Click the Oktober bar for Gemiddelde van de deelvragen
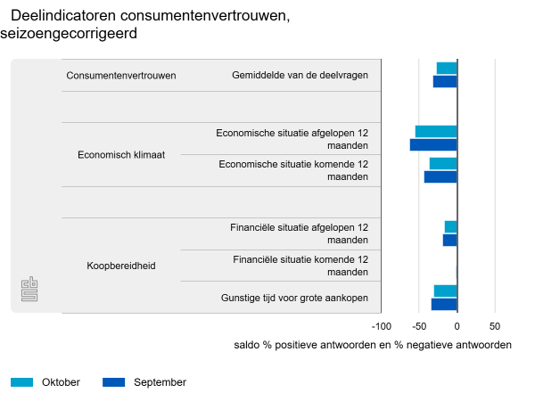[447, 69]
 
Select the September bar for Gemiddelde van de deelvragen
[445, 81]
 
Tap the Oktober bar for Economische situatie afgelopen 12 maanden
[436, 132]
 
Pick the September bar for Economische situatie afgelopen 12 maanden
[433, 144]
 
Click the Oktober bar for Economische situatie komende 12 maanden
[443, 164]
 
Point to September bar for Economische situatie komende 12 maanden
[440, 176]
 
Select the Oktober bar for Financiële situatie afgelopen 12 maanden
[450, 226]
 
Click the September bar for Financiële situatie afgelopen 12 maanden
[449, 240]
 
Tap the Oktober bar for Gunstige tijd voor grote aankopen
[445, 291]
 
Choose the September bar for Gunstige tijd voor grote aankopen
[444, 304]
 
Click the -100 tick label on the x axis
[381, 326]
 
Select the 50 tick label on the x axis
[495, 326]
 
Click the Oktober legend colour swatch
[22, 382]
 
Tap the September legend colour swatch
[114, 382]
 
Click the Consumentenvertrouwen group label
[121, 76]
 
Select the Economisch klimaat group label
[121, 154]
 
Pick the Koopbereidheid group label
[121, 266]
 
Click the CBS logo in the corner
[29, 289]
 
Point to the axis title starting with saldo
[373, 345]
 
